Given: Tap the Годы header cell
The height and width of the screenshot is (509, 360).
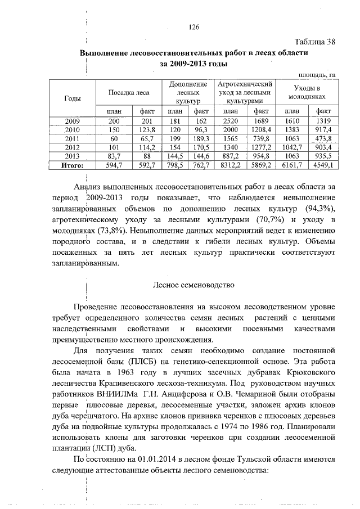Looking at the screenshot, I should pos(72,98).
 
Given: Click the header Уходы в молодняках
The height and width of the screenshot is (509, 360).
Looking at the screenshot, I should pos(308,92).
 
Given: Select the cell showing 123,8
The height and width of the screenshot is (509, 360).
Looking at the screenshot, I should pos(147,130).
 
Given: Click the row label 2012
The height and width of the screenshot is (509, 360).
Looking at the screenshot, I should pos(72,147).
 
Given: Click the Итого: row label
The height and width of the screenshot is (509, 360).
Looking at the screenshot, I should pos(72,165).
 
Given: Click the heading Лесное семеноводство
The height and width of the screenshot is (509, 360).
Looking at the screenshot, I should pos(193,285).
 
